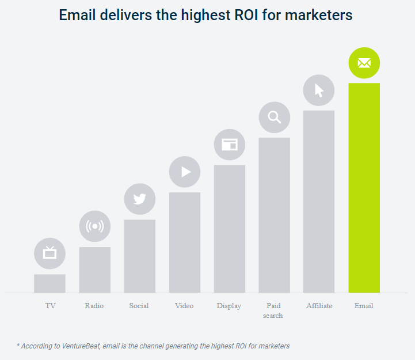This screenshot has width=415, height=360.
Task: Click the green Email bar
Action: [364, 187]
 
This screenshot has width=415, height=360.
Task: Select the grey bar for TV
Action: [50, 283]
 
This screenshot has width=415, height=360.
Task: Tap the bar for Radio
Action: [94, 270]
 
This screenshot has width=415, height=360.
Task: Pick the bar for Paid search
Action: [274, 215]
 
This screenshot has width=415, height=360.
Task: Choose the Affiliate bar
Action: [319, 201]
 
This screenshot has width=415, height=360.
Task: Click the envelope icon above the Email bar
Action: [364, 63]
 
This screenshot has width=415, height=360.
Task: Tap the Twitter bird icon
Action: [139, 199]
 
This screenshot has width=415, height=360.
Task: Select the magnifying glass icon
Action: [274, 118]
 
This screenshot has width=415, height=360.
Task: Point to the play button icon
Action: [184, 172]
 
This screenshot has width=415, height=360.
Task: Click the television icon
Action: [50, 253]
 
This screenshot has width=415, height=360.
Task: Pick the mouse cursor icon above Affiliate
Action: [319, 90]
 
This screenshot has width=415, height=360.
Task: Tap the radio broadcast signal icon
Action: [94, 226]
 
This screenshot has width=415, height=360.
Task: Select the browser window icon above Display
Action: [229, 145]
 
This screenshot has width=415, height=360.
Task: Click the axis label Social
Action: [139, 306]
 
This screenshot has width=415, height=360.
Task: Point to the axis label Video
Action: [184, 306]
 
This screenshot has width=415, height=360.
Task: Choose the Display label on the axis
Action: [229, 306]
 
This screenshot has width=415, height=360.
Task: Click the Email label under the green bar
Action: [364, 306]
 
